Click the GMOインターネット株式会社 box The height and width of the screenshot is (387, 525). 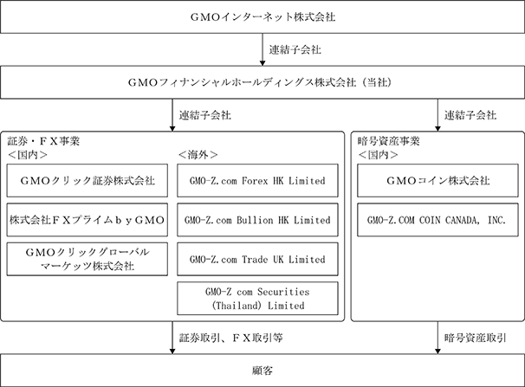click(x=262, y=16)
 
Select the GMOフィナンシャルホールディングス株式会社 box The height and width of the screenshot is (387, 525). click(x=262, y=82)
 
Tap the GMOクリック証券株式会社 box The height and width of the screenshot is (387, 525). click(x=87, y=181)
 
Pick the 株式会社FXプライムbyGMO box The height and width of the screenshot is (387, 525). click(x=87, y=220)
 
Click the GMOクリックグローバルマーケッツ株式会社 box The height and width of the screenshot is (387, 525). click(x=87, y=259)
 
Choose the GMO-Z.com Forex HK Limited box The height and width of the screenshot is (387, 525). click(x=257, y=181)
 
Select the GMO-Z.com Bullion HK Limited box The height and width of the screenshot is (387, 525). click(x=257, y=220)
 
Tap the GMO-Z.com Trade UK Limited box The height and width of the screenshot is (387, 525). click(x=257, y=259)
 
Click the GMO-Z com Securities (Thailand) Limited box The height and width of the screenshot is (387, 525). click(x=257, y=299)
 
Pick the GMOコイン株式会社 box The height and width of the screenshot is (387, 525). click(x=437, y=181)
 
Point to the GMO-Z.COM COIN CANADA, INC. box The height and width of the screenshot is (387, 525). click(x=437, y=220)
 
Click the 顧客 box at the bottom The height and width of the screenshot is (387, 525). click(x=262, y=371)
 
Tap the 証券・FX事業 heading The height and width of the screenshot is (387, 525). click(x=43, y=141)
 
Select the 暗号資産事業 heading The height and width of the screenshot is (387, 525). click(x=388, y=141)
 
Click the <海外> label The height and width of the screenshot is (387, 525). click(x=198, y=154)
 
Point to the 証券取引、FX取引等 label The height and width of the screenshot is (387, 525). click(x=231, y=338)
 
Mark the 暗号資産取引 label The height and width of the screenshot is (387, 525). click(x=475, y=338)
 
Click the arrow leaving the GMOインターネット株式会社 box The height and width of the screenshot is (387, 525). click(x=262, y=49)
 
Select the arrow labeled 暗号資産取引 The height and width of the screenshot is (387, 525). click(x=437, y=338)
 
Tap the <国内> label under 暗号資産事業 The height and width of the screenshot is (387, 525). click(x=378, y=154)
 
